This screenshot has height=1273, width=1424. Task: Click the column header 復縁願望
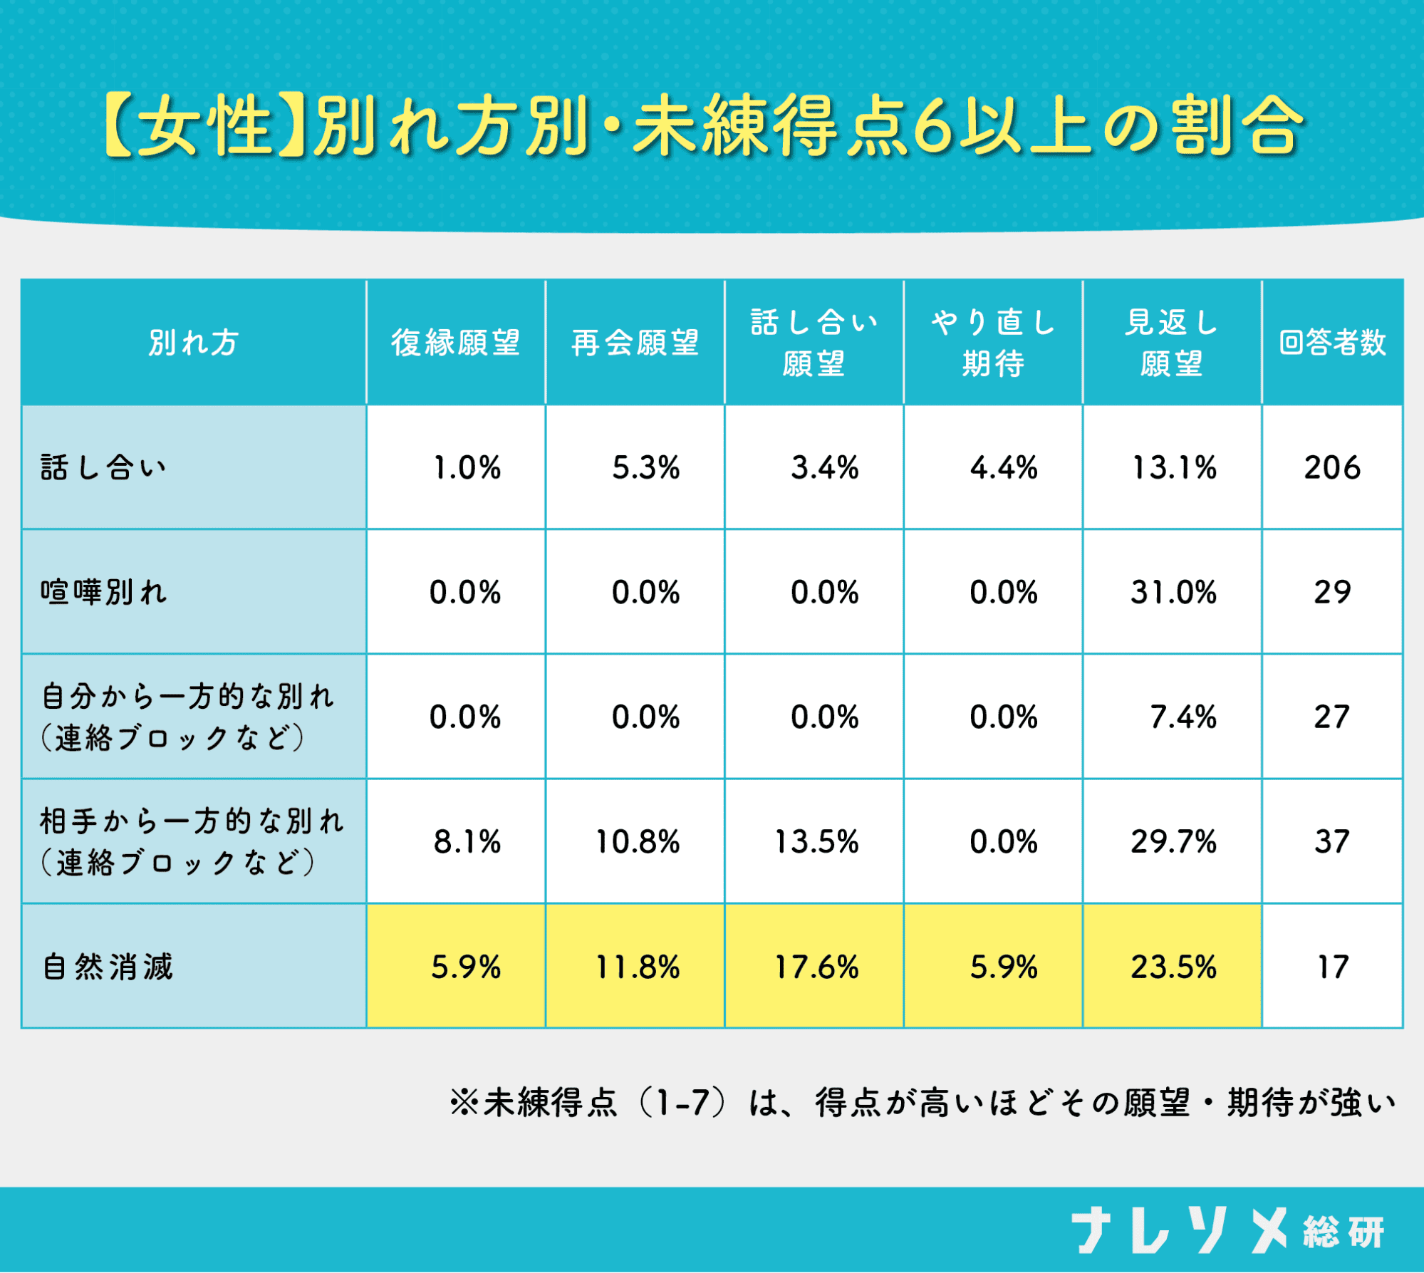456,343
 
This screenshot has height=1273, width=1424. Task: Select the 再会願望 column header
635,343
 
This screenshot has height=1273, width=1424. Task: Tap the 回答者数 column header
1332,343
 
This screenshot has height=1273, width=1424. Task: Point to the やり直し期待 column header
993,343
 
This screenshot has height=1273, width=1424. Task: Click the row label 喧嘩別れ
104,592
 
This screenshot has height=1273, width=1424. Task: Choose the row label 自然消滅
108,967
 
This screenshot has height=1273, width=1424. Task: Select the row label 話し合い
104,468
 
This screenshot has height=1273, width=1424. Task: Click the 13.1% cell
1174,468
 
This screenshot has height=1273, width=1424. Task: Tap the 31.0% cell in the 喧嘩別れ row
1173,592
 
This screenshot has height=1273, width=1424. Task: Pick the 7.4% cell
1183,717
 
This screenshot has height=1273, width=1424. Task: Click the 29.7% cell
1173,842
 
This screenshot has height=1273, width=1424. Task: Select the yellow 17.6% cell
816,967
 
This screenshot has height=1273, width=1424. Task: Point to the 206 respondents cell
1332,468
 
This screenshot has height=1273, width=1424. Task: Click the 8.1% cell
467,842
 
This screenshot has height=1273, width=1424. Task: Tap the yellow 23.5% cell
1173,967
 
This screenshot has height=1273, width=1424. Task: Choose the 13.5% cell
816,842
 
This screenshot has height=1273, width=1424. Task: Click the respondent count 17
1332,967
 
